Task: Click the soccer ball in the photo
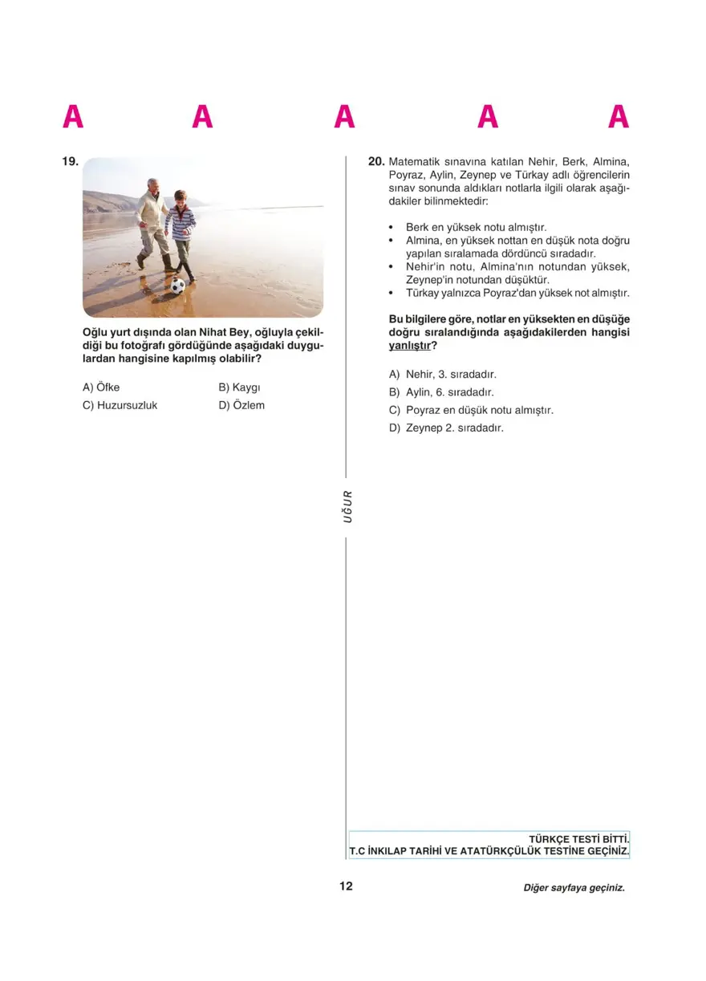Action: [177, 285]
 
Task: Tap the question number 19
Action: [70, 162]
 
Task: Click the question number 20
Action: [376, 161]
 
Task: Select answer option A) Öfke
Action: [101, 387]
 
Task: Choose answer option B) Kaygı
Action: [240, 387]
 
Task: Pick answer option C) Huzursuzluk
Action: [120, 406]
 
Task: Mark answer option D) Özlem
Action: [241, 406]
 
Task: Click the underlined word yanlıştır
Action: [409, 346]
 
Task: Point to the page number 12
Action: [346, 886]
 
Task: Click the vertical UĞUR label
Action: [347, 506]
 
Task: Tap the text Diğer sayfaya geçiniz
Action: [573, 888]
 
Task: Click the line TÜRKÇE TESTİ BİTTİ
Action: [578, 839]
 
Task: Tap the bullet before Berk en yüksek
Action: [392, 228]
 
